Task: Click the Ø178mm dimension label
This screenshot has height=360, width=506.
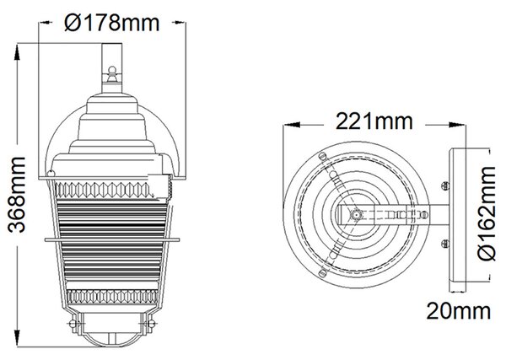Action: (111, 23)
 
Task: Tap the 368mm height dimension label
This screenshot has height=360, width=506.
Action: (17, 195)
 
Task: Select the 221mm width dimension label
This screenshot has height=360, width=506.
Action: (374, 121)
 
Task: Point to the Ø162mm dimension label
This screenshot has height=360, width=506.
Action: (487, 213)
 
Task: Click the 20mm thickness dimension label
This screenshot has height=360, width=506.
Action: (459, 311)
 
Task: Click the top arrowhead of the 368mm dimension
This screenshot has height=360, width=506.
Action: (17, 51)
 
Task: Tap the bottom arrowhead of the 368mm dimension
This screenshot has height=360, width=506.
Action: (17, 339)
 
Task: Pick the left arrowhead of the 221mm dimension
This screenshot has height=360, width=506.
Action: (292, 125)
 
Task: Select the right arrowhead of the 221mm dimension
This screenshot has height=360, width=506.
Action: (458, 125)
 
